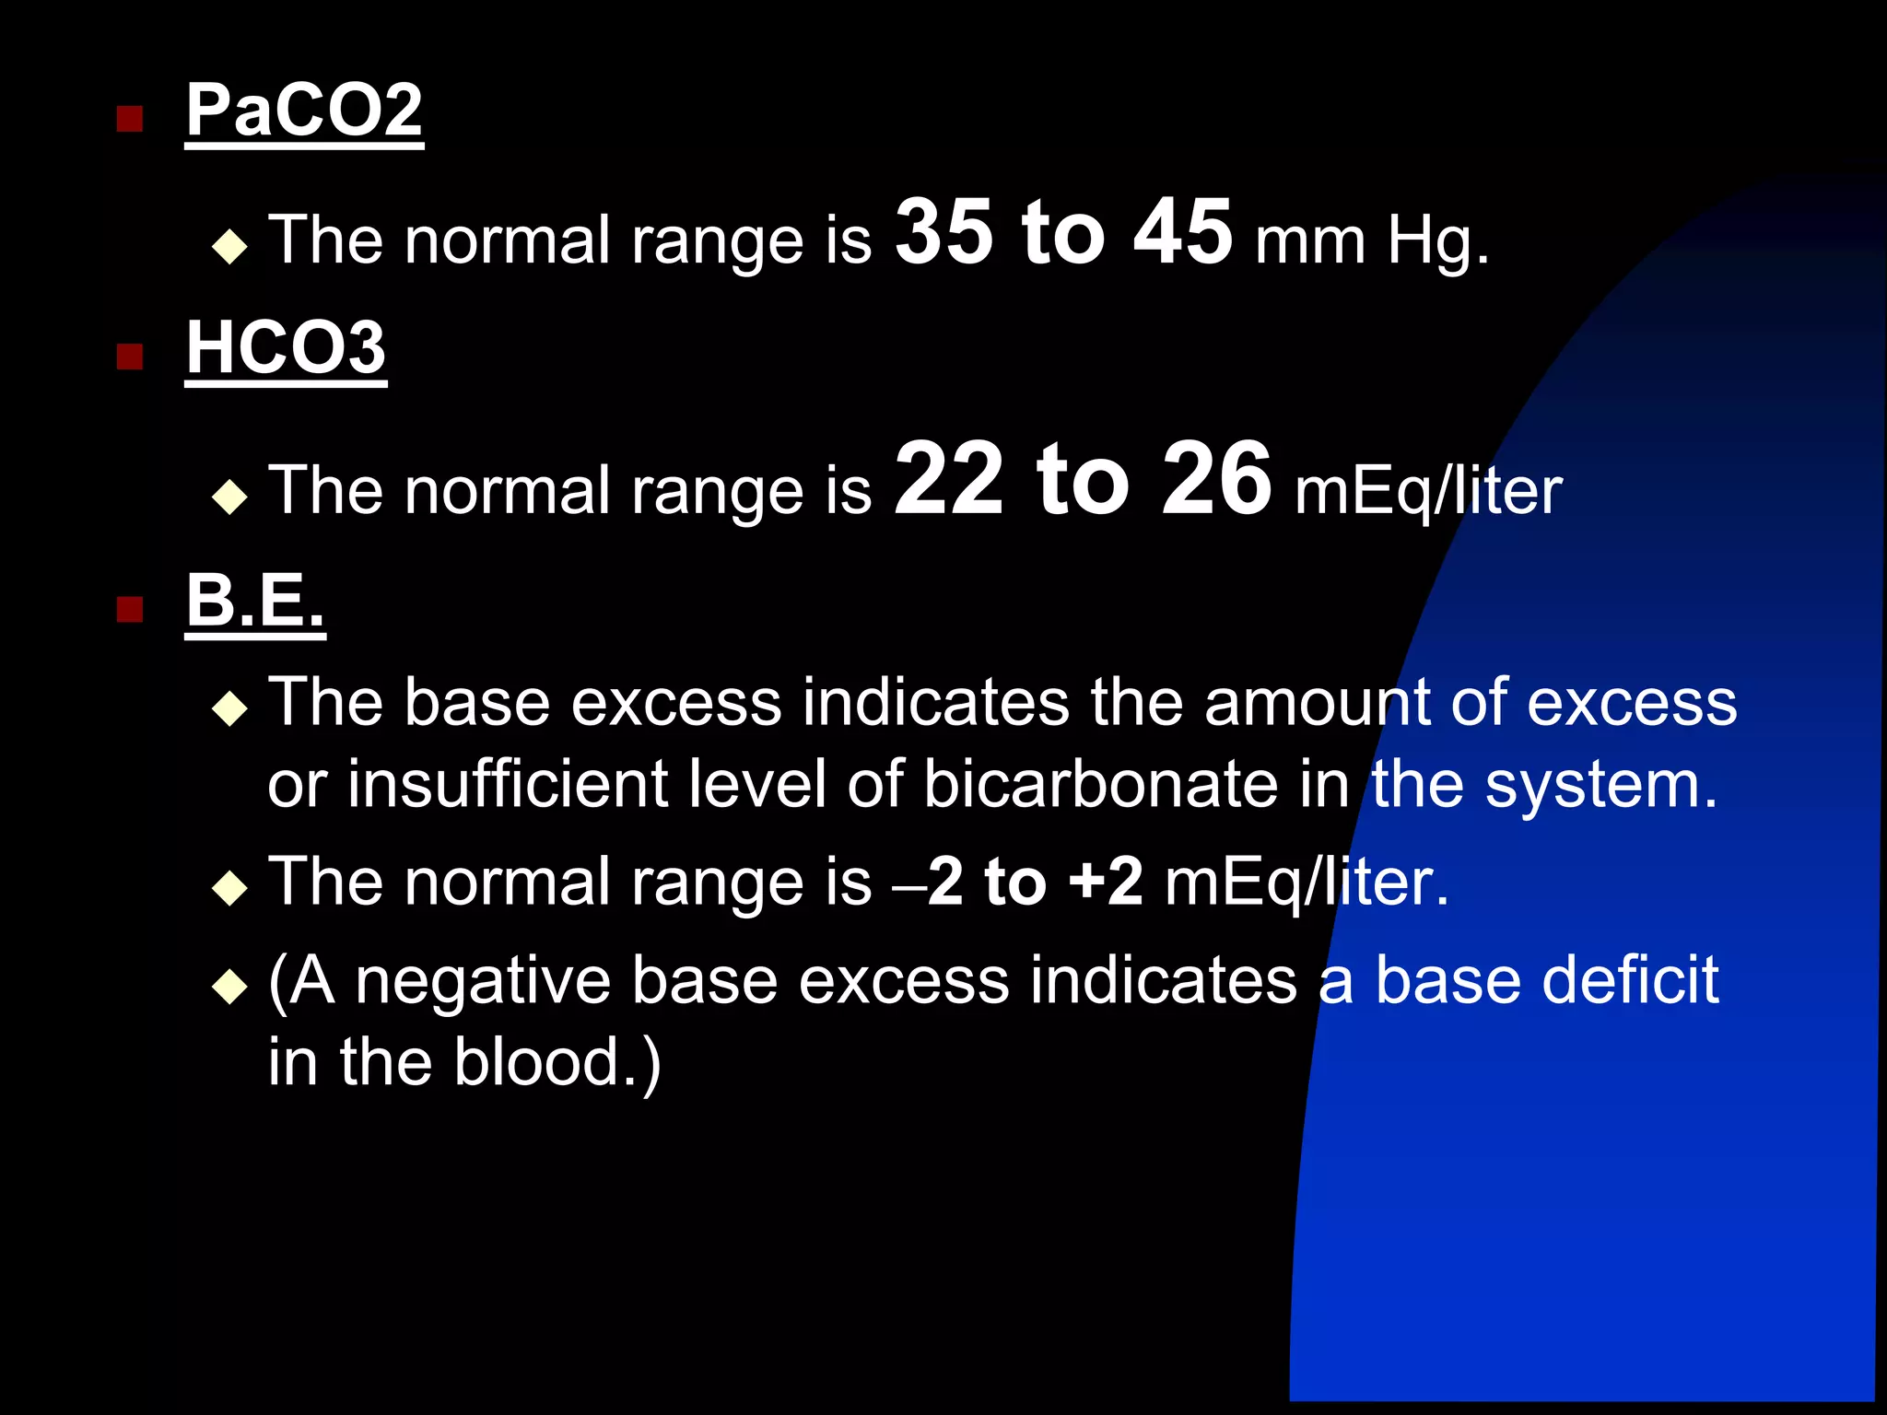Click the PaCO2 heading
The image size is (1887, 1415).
[x=304, y=111]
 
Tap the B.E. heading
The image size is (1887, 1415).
[x=255, y=601]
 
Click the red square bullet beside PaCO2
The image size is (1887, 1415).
[x=130, y=119]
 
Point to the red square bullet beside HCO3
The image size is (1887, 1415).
[x=130, y=357]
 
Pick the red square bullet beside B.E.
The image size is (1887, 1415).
[x=130, y=609]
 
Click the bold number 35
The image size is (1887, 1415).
[x=943, y=232]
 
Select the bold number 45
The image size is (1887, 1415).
[x=1182, y=232]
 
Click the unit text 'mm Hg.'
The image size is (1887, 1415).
[x=1371, y=241]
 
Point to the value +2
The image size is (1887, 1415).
[x=1106, y=882]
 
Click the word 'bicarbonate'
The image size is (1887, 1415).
[x=1101, y=785]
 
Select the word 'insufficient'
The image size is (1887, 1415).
[x=508, y=785]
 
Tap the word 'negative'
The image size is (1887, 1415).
[x=483, y=981]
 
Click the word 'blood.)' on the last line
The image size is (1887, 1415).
[x=557, y=1063]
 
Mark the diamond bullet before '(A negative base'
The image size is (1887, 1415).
[x=229, y=988]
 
